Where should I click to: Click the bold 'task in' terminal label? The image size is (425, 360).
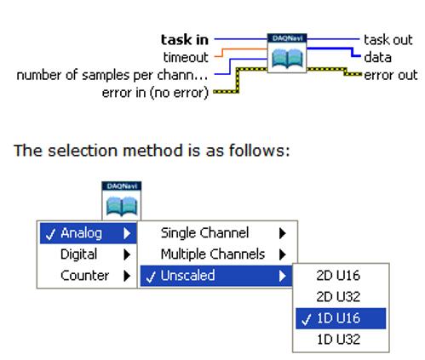pos(185,39)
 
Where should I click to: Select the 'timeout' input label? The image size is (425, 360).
pos(186,57)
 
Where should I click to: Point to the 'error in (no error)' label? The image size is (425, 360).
pos(155,93)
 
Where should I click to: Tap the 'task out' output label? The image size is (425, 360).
pos(388,40)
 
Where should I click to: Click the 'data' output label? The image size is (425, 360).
pos(378,57)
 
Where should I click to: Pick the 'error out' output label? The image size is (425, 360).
pos(391,75)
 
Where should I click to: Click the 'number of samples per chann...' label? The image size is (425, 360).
pos(112,75)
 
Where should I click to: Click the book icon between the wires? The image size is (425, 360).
pos(287,59)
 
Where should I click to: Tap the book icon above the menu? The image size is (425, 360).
pos(122,206)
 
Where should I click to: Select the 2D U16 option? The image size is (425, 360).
pos(338,276)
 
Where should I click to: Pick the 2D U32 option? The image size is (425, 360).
pos(338,297)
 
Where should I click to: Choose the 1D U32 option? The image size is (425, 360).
pos(338,340)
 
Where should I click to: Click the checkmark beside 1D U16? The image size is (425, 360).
pos(307,320)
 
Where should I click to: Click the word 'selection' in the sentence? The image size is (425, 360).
pos(83,150)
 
